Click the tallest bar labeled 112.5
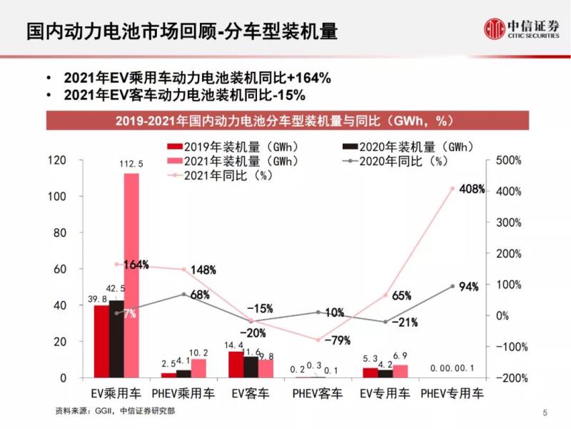click(131, 275)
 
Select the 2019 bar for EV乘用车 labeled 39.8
click(101, 341)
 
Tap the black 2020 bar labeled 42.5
click(116, 339)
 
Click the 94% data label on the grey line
click(469, 287)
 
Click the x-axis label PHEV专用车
click(452, 394)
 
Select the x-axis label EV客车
click(251, 394)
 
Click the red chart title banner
click(285, 120)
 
